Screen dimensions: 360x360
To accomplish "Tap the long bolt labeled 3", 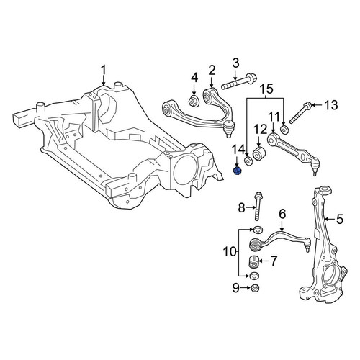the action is coord(239,82).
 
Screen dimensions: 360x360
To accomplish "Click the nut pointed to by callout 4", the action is coord(194,101).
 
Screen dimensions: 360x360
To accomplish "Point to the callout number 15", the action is coord(266,89).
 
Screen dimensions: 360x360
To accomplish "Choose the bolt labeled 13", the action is coord(300,114).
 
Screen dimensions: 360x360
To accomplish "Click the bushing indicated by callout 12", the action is coord(258,153).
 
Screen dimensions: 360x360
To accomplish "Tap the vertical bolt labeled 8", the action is coord(258,206).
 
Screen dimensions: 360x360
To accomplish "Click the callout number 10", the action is coord(230,252).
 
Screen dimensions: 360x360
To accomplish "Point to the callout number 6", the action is coord(282,214).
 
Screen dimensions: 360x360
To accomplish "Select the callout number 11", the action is coord(274,117).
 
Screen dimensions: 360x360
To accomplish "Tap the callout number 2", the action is coord(212,71).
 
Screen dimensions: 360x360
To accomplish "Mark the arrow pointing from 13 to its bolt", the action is coord(317,105).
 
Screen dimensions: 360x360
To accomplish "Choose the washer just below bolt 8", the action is coord(258,230).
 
